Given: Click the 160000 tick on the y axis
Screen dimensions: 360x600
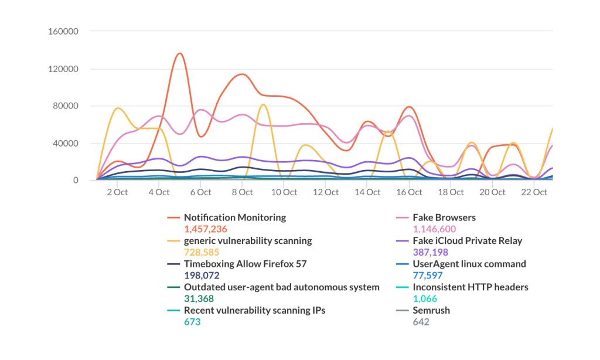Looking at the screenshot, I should tap(64, 31).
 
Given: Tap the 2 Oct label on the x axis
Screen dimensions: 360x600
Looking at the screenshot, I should tap(117, 192).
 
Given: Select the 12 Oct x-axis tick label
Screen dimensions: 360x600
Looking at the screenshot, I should tap(326, 192).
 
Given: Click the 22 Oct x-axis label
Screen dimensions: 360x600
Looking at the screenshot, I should tap(534, 192).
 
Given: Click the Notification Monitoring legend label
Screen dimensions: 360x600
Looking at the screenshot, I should tap(235, 218).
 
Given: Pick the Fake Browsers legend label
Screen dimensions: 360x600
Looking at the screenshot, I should tap(444, 218).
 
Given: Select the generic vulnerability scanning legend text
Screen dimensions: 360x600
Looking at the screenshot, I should tap(248, 240).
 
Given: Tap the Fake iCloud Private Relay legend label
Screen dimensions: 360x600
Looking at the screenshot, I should tap(467, 240).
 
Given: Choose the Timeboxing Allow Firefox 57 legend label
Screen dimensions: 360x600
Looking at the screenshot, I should tap(245, 264).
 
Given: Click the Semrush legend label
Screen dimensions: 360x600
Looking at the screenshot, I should tap(431, 310).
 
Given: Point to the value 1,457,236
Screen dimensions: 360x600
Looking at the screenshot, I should tap(205, 229).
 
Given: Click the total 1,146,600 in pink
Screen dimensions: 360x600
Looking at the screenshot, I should tap(434, 229).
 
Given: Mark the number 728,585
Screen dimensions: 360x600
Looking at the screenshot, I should tap(201, 252).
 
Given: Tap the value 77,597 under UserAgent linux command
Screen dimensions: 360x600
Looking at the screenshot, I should tap(427, 275).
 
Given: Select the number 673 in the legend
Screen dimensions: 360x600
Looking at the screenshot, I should tap(193, 322).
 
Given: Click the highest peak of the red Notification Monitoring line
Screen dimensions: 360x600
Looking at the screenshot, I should tap(179, 54).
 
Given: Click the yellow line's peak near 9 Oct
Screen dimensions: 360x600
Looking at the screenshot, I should tap(263, 105).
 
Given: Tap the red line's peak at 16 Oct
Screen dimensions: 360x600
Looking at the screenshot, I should tap(409, 107).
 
